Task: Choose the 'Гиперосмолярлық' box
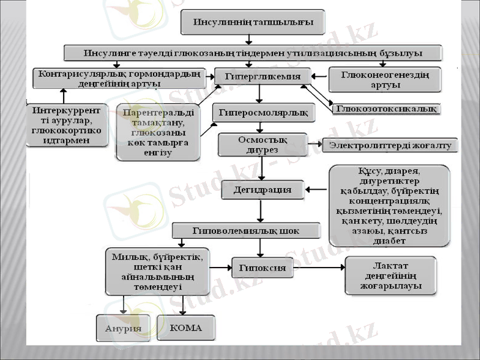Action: [260, 112]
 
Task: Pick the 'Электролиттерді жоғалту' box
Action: [390, 145]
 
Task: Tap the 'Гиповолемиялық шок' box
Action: [245, 230]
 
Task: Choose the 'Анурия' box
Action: [123, 328]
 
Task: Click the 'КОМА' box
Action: [186, 328]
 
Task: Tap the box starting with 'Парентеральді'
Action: [158, 133]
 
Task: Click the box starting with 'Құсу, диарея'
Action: [389, 206]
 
